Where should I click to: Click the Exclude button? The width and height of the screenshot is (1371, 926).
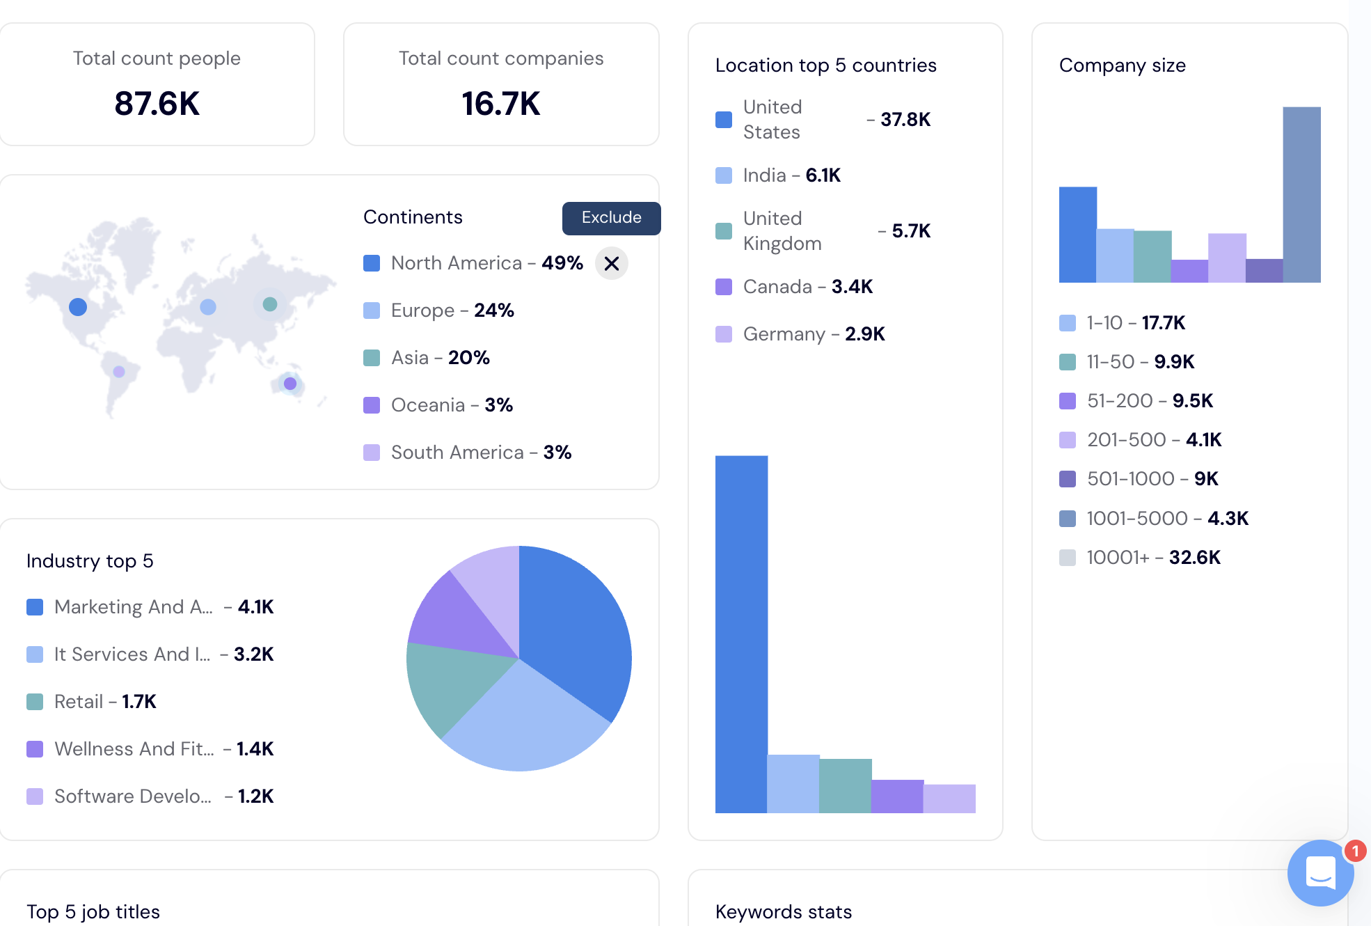click(x=611, y=218)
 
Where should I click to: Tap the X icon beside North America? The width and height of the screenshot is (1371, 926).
click(x=612, y=264)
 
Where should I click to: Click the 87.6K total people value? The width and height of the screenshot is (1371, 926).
click(x=157, y=104)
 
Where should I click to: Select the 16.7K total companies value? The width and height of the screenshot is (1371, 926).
click(x=500, y=104)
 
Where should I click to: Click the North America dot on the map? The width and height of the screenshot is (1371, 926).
click(x=78, y=307)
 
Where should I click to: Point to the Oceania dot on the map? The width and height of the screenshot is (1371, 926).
click(x=290, y=384)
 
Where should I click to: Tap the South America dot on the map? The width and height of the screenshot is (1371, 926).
click(x=119, y=372)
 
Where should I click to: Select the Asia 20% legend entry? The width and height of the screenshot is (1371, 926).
click(x=439, y=358)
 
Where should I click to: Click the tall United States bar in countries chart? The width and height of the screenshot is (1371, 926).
click(x=741, y=634)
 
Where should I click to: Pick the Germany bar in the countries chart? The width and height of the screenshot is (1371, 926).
click(x=949, y=799)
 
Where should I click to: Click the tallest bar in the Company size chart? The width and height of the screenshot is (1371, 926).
click(x=1301, y=195)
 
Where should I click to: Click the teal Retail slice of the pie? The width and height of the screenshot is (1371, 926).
click(x=452, y=686)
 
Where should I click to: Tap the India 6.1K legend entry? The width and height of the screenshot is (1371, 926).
click(x=791, y=175)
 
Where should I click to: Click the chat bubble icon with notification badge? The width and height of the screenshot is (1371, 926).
click(x=1320, y=872)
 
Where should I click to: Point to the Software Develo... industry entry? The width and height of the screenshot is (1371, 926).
click(x=132, y=796)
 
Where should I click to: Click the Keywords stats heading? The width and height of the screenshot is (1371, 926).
click(x=783, y=912)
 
